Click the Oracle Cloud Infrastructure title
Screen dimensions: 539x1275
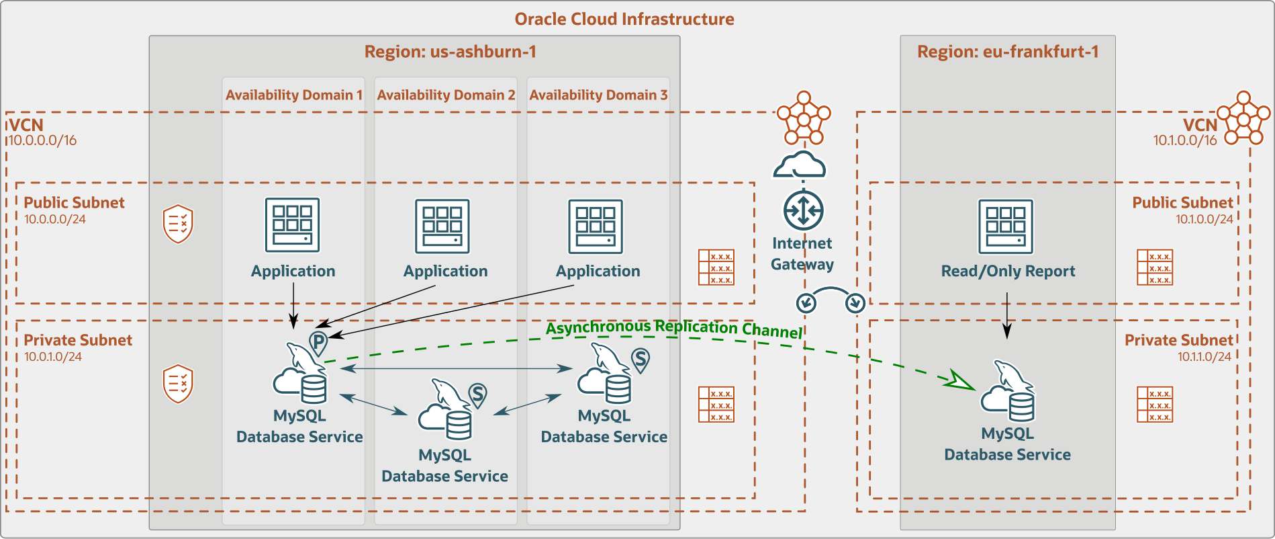point(624,19)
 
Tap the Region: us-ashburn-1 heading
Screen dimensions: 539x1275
point(450,52)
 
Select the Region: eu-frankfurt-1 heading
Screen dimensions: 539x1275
point(1008,52)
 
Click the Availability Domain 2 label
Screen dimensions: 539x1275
point(446,95)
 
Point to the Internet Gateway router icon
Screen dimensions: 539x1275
point(803,210)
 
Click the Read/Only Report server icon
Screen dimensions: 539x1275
point(1005,226)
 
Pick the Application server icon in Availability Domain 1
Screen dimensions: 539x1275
point(292,224)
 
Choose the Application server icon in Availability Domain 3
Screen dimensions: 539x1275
point(596,226)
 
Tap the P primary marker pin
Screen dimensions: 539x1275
point(318,343)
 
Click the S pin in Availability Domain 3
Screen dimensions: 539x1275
point(641,360)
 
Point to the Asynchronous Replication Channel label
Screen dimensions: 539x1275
point(674,329)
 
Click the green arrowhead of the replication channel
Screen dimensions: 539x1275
point(959,380)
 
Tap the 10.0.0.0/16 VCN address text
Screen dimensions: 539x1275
point(42,140)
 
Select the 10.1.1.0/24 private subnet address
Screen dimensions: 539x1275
point(1204,357)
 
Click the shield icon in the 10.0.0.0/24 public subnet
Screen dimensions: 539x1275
point(178,224)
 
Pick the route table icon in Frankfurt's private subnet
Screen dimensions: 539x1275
point(1154,404)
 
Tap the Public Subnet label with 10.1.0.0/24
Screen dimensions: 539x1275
point(1182,202)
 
